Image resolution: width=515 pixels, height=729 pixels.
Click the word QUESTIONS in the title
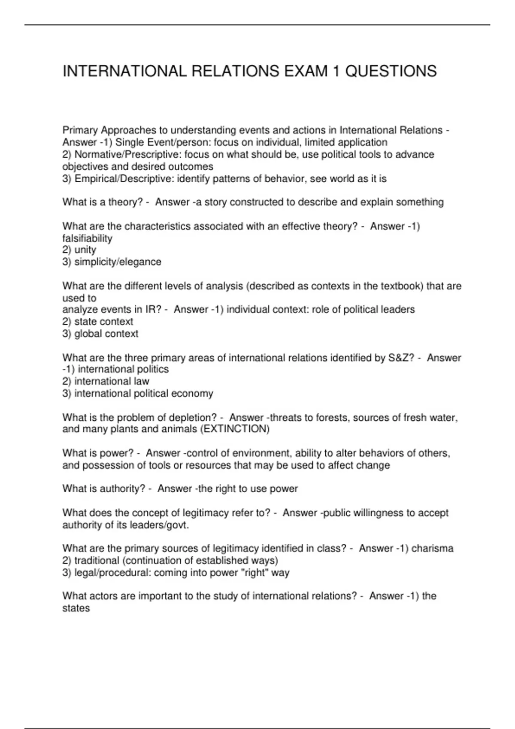[391, 71]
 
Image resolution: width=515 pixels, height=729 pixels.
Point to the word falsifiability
[87, 238]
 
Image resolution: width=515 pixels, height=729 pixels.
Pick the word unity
[85, 250]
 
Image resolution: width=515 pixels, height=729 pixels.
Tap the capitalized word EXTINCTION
[235, 429]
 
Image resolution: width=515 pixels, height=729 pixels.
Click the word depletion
[193, 418]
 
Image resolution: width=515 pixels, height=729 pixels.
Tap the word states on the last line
[76, 609]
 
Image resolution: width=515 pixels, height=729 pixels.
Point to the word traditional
[97, 560]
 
